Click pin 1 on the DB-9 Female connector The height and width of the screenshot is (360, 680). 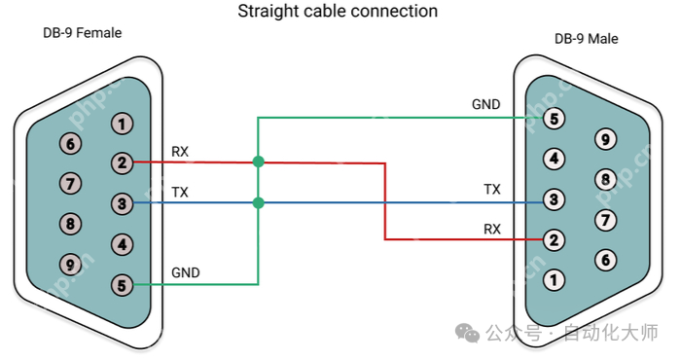tap(122, 124)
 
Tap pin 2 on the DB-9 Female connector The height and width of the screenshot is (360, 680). tap(122, 163)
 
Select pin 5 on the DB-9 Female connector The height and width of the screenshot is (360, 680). tap(122, 285)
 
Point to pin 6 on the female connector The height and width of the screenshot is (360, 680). tap(70, 144)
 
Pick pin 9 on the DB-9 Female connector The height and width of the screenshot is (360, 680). tap(70, 264)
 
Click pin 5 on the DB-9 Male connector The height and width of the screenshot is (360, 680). tap(554, 119)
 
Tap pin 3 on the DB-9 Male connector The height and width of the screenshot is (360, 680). tap(554, 199)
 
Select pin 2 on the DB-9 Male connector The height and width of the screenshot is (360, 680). tap(554, 240)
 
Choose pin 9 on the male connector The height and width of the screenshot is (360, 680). tap(605, 139)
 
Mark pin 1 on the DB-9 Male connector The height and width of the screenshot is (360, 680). tap(554, 280)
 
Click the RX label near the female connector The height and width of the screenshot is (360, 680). tap(180, 152)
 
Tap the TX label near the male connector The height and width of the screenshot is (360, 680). tap(492, 190)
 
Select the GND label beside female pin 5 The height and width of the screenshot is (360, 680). tap(186, 272)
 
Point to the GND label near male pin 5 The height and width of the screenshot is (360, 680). tap(486, 104)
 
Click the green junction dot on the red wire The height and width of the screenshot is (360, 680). tap(258, 162)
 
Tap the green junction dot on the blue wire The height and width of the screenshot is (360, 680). tap(258, 202)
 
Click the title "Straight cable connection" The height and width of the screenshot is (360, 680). tap(338, 12)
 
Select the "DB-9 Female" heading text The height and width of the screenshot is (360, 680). tap(83, 33)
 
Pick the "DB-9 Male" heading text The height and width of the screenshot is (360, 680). tap(587, 39)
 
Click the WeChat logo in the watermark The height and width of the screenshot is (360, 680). tap(467, 333)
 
